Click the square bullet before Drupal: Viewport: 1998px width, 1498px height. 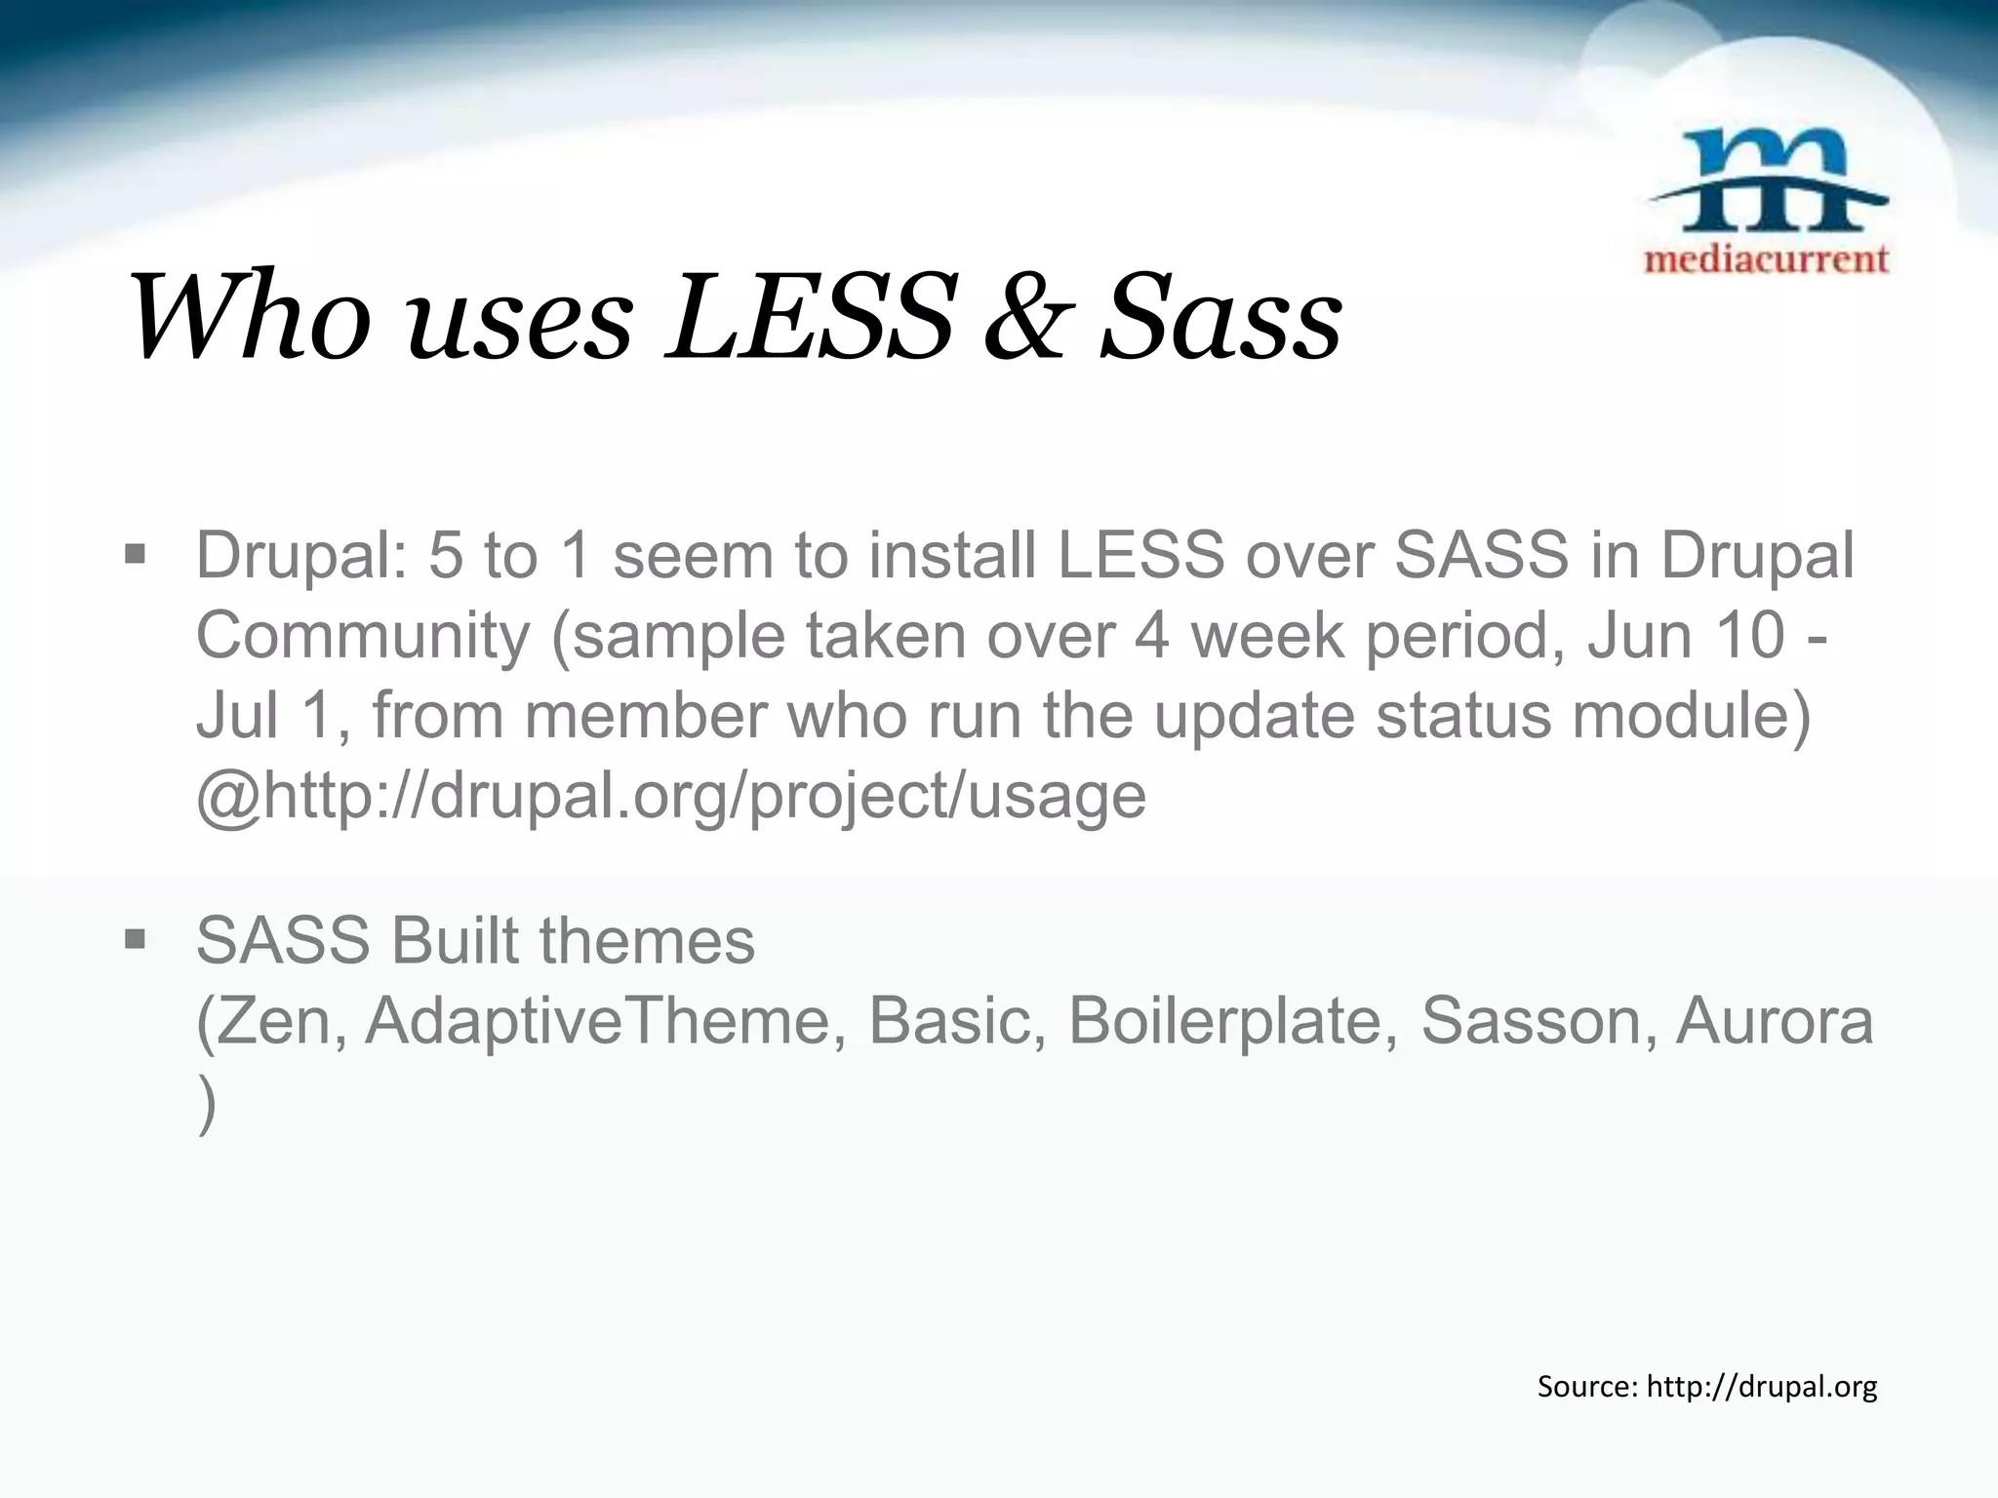pyautogui.click(x=135, y=556)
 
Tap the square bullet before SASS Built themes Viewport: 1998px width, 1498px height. pyautogui.click(x=135, y=940)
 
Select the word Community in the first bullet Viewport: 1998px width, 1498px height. pyautogui.click(x=363, y=636)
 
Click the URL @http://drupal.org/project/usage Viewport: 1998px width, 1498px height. pyautogui.click(x=671, y=795)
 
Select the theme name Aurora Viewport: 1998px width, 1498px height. pyautogui.click(x=1775, y=1021)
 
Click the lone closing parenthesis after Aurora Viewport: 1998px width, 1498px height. pyautogui.click(x=206, y=1104)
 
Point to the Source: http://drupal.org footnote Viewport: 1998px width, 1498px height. pyautogui.click(x=1706, y=1386)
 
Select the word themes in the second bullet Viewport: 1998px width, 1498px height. pyautogui.click(x=647, y=941)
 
